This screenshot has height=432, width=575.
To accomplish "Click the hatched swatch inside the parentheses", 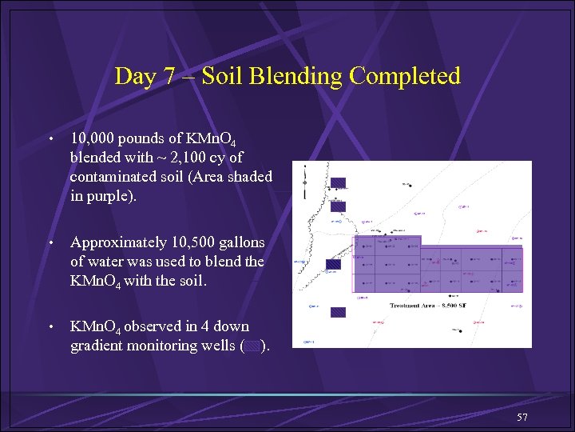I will pyautogui.click(x=251, y=346).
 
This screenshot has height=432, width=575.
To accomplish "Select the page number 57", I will pyautogui.click(x=523, y=418).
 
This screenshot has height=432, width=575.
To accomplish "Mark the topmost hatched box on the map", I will pyautogui.click(x=338, y=182).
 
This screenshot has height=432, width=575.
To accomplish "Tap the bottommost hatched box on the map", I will pyautogui.click(x=338, y=313).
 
